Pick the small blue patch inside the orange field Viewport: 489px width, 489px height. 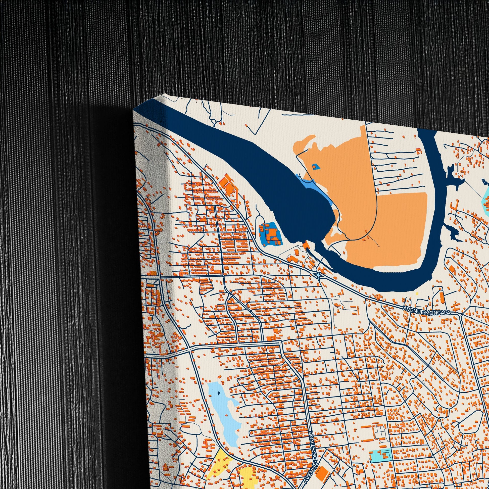click(315, 166)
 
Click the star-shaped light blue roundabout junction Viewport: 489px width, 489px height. click(318, 275)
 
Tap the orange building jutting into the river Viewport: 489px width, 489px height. click(306, 245)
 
